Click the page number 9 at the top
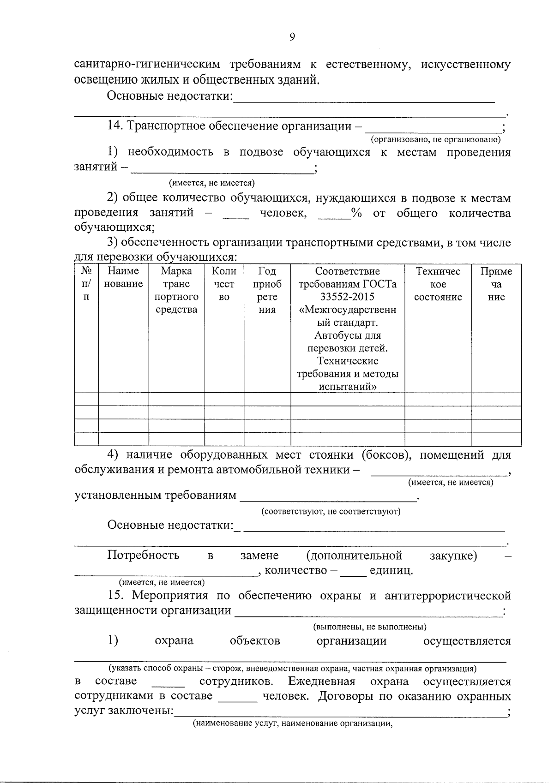(x=292, y=37)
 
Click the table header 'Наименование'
(x=123, y=277)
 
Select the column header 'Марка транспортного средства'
(x=176, y=290)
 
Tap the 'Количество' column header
(x=224, y=284)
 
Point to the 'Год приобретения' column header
(x=267, y=290)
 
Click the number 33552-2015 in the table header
(x=347, y=297)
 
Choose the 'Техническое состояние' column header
(x=438, y=284)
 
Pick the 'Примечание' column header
(x=496, y=284)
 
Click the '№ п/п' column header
(x=86, y=284)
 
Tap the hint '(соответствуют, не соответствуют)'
(x=331, y=511)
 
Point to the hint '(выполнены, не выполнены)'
(x=369, y=627)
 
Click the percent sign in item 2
(x=355, y=213)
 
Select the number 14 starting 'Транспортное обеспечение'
(x=114, y=126)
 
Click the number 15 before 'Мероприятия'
(x=114, y=595)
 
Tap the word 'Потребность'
(x=143, y=555)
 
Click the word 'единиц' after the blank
(x=391, y=571)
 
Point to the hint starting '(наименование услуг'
(x=292, y=724)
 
